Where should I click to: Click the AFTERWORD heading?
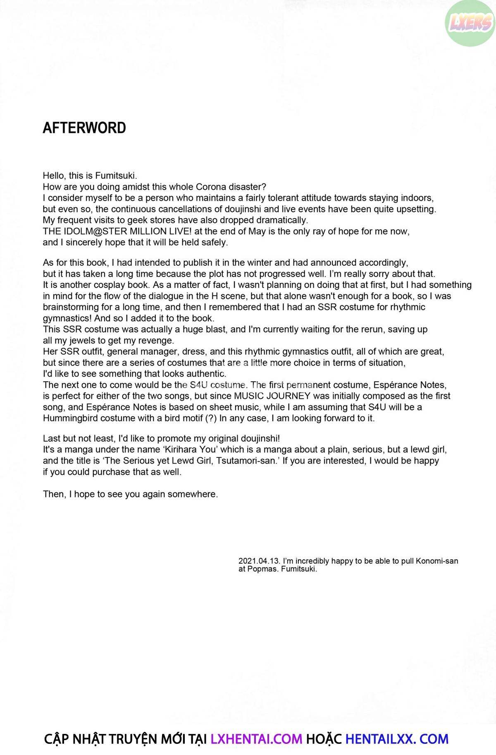[x=84, y=128]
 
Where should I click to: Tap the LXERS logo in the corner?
[x=471, y=23]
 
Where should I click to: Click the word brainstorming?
[x=70, y=307]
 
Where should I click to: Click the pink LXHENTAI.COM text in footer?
[x=256, y=739]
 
